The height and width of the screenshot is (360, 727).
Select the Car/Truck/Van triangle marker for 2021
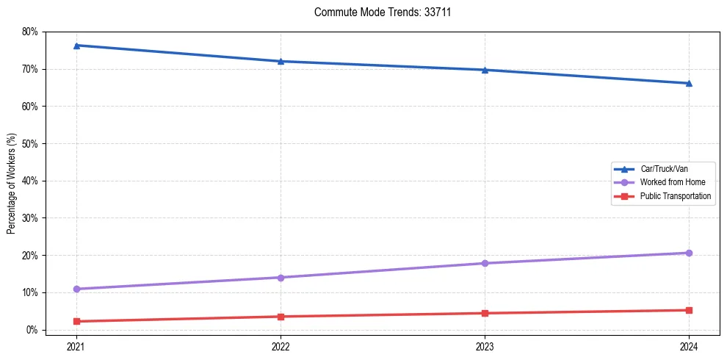click(x=76, y=46)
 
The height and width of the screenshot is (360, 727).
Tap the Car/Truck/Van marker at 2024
click(x=689, y=83)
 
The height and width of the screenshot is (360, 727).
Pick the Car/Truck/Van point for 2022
click(x=281, y=61)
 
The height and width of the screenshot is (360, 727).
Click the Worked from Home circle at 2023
click(x=485, y=263)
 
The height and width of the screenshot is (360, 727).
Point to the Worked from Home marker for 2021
click(x=76, y=289)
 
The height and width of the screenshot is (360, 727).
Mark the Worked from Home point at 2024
click(x=689, y=253)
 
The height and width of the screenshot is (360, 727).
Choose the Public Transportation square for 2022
click(x=281, y=317)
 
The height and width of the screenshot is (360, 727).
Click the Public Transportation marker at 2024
click(x=689, y=310)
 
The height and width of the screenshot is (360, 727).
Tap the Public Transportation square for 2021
click(x=76, y=321)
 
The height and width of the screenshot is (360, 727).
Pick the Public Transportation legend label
click(x=675, y=196)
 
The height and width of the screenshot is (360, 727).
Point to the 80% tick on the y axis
click(x=30, y=32)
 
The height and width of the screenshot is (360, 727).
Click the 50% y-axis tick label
click(x=30, y=144)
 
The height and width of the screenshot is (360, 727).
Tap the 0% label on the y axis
click(x=32, y=330)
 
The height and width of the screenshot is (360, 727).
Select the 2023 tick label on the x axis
click(x=485, y=345)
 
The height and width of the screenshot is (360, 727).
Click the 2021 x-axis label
click(x=76, y=345)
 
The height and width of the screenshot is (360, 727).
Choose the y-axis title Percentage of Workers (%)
click(x=12, y=184)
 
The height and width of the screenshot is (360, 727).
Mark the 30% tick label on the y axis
click(x=30, y=218)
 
